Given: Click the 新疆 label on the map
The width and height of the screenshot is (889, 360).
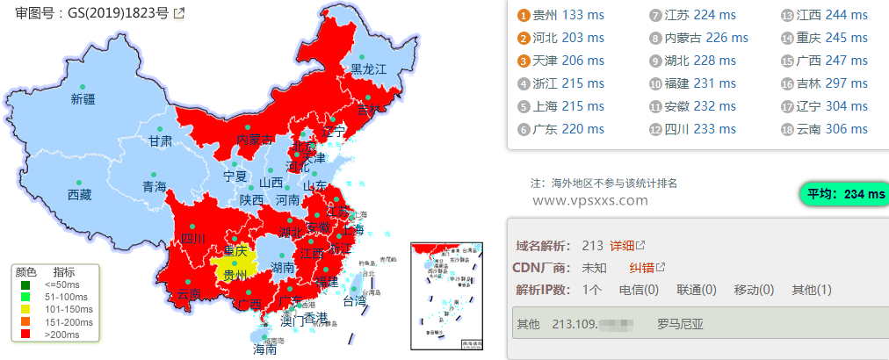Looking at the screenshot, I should pos(83,99).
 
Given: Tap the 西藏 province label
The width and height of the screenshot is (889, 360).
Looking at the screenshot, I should pos(80,195).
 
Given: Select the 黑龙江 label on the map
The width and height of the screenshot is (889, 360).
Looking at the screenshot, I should pos(369,68).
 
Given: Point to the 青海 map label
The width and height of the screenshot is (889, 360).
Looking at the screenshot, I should pos(154,186).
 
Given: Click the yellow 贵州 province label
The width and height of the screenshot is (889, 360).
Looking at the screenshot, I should pos(235,275).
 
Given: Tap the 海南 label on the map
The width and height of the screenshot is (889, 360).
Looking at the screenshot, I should pos(265,349).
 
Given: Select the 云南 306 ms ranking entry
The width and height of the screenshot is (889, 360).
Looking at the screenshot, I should pos(831,129).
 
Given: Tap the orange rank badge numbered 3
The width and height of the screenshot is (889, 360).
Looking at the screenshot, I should pos(524,61).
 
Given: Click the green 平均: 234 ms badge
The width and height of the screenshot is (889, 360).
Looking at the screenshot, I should pos(842,194).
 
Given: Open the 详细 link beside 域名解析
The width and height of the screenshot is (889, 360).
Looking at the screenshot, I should pos(622,245).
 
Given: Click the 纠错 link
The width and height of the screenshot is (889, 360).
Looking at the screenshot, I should pos(641,267).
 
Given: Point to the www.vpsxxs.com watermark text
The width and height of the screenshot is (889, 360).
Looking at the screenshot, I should pos(589,200).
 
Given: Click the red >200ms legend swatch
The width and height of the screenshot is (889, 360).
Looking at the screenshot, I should pos(26,334).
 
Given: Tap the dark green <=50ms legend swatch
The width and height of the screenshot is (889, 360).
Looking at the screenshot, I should pos(26,284).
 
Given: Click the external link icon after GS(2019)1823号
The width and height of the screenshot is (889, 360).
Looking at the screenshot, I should pos(179,13).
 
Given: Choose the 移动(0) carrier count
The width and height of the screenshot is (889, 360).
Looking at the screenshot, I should pos(753,290).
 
